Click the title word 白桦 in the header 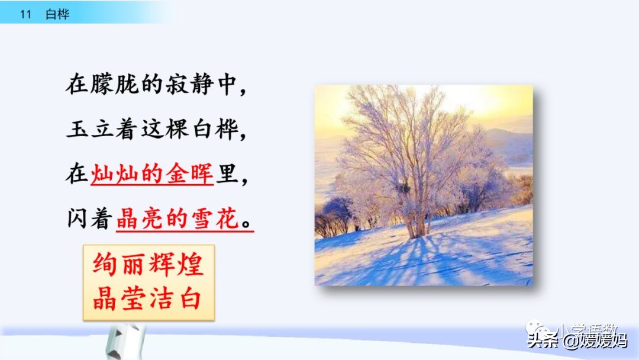click(57, 15)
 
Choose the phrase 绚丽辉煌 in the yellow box click(148, 265)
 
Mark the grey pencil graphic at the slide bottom click(124, 342)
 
